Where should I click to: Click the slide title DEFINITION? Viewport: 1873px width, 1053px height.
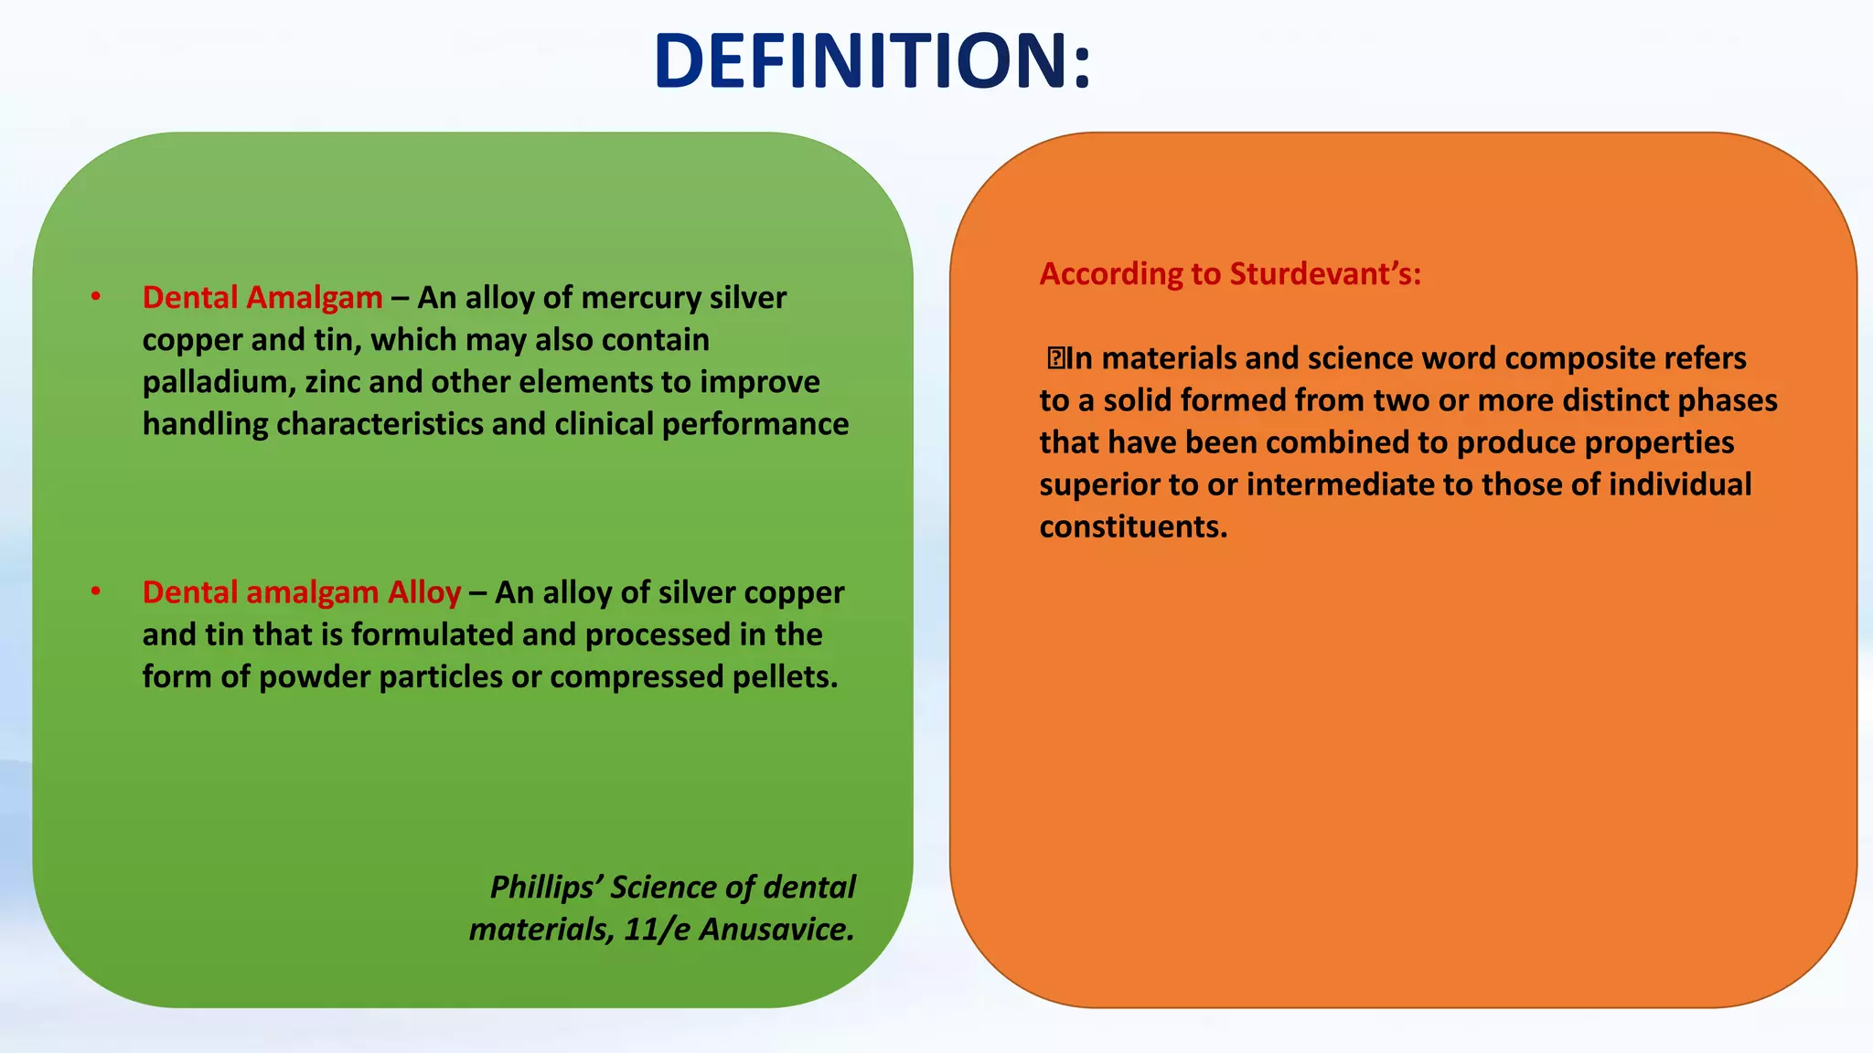click(x=872, y=62)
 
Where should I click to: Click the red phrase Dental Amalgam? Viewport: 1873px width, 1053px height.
click(x=262, y=298)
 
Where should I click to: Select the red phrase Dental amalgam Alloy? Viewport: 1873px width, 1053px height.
click(x=302, y=593)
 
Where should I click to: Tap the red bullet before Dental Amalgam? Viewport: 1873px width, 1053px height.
click(x=95, y=296)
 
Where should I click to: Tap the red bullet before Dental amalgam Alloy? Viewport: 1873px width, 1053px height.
click(x=95, y=591)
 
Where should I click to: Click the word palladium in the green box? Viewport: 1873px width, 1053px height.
click(x=219, y=382)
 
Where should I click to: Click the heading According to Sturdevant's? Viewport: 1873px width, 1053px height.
click(x=1230, y=274)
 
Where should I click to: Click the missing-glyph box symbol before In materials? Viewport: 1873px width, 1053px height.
click(x=1055, y=358)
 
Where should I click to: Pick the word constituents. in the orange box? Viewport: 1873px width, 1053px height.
click(x=1133, y=527)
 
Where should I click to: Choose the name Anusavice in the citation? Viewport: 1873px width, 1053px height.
click(x=776, y=930)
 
